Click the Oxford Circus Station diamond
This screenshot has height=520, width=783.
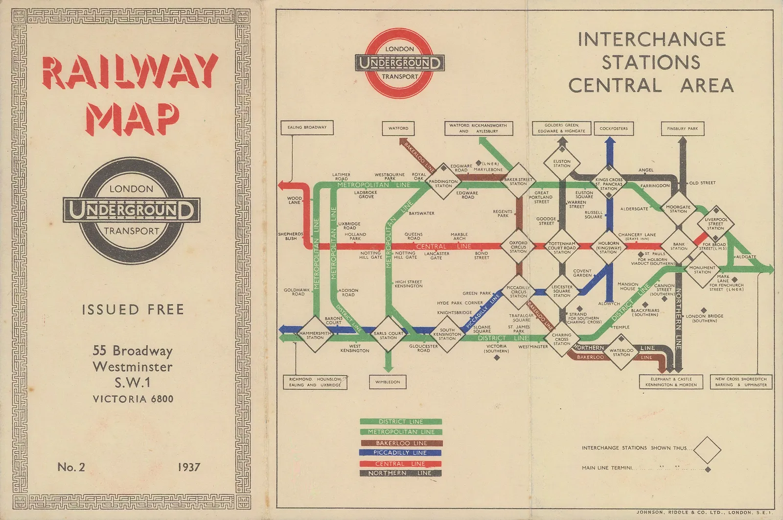coord(518,246)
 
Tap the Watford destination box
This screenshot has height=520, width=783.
coord(398,128)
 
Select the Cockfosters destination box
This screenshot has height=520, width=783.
coord(613,128)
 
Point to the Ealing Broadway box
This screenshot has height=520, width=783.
coord(307,127)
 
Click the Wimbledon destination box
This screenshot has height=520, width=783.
coord(388,382)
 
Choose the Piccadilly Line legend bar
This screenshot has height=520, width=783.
coord(400,453)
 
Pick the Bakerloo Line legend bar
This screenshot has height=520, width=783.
coord(400,443)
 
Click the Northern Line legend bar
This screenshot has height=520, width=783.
coord(400,473)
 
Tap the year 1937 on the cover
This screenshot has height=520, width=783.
coord(189,467)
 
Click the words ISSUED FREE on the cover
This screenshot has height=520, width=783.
coord(133,309)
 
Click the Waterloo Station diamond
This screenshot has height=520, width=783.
coord(622,352)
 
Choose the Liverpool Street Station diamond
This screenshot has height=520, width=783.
coord(715,224)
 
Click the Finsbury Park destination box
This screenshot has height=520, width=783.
coord(683,128)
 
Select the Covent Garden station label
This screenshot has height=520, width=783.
coord(582,273)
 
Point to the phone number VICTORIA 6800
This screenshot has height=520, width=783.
coord(133,399)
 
